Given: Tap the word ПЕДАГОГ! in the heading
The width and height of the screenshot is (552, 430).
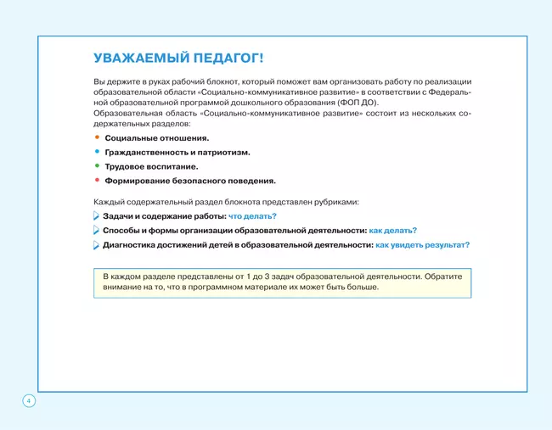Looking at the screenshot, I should [231, 58].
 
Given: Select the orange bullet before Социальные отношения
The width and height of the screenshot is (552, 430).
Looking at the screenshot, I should [97, 137].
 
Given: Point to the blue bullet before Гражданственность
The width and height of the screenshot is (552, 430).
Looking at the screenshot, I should [97, 151].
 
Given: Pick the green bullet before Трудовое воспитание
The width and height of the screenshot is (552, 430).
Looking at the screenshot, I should [97, 165].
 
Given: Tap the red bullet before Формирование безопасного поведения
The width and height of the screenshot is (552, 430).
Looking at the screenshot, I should [97, 180].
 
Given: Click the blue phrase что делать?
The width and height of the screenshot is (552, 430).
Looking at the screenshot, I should [252, 216].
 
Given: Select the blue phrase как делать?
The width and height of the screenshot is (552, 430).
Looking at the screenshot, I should [392, 230].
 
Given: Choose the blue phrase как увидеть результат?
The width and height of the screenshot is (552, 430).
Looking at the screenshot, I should [422, 244].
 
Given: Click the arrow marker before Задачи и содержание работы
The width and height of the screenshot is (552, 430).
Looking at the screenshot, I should [96, 216].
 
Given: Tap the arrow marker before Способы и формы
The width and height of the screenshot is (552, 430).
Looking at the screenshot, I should [96, 231].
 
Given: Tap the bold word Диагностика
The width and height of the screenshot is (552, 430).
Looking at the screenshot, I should [132, 244].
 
